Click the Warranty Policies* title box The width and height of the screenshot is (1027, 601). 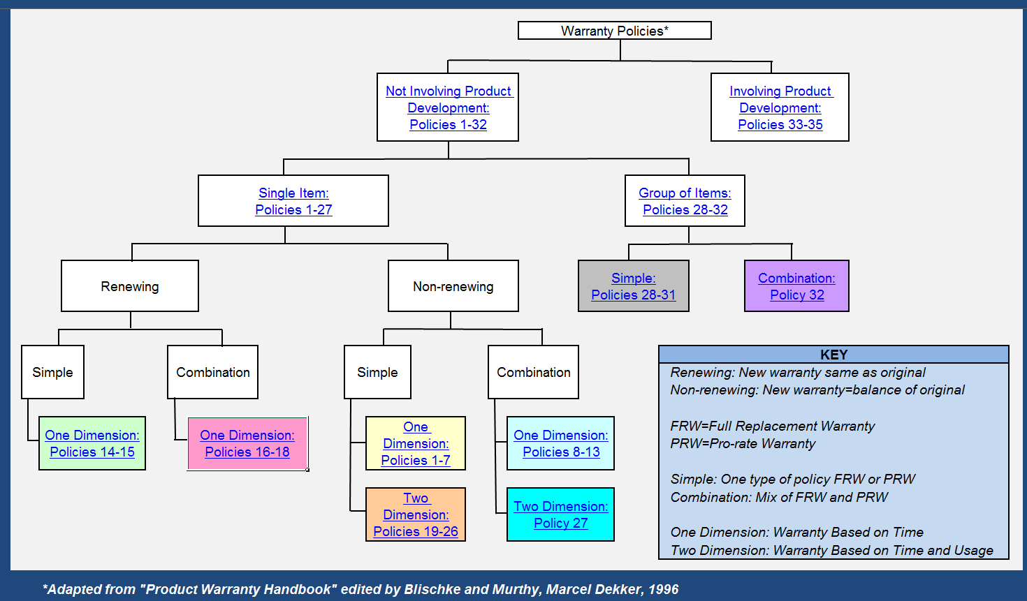pyautogui.click(x=614, y=31)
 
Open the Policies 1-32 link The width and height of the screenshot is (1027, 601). pyautogui.click(x=448, y=125)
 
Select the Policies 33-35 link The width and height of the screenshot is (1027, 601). pyautogui.click(x=780, y=125)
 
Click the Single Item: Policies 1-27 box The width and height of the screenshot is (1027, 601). pyautogui.click(x=293, y=201)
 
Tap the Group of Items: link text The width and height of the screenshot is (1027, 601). pyautogui.click(x=685, y=193)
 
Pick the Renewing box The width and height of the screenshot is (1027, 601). pyautogui.click(x=130, y=286)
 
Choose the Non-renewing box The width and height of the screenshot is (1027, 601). pyautogui.click(x=453, y=286)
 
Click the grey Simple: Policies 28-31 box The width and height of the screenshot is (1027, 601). pyautogui.click(x=633, y=286)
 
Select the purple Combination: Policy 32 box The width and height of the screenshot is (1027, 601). pyautogui.click(x=796, y=286)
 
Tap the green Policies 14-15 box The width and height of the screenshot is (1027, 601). pyautogui.click(x=92, y=444)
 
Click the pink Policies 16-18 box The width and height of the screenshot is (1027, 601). pyautogui.click(x=247, y=444)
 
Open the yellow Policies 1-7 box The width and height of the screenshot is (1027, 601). pyautogui.click(x=416, y=444)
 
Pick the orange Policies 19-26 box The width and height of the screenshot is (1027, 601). pyautogui.click(x=416, y=515)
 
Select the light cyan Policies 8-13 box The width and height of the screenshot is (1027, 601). pyautogui.click(x=561, y=444)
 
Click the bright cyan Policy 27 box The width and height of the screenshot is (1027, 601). pyautogui.click(x=561, y=515)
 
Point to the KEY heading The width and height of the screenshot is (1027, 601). pyautogui.click(x=833, y=355)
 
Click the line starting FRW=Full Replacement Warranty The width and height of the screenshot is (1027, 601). pyautogui.click(x=772, y=426)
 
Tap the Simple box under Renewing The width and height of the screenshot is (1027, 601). pyautogui.click(x=52, y=372)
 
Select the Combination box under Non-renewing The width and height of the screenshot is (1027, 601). pyautogui.click(x=533, y=372)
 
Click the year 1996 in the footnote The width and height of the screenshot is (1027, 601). pyautogui.click(x=663, y=589)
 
